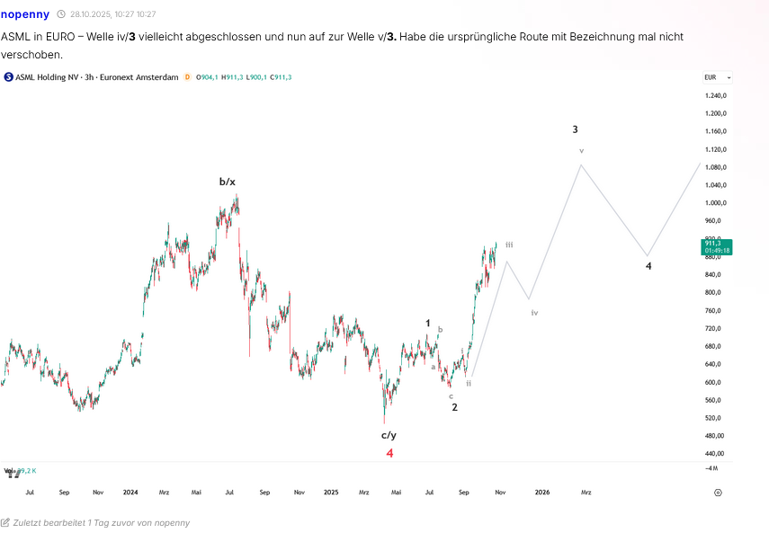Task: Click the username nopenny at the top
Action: point(25,13)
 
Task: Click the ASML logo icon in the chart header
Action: point(8,77)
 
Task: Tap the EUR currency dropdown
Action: point(717,77)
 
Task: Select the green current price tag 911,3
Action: point(716,245)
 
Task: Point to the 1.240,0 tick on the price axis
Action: point(716,95)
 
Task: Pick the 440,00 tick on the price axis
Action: point(716,454)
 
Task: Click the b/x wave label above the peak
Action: point(228,182)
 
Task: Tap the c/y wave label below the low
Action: point(389,435)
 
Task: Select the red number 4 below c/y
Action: point(389,453)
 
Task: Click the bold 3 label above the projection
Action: point(576,129)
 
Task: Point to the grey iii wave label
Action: point(509,244)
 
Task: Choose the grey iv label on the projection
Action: point(534,313)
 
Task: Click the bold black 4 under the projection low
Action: point(648,266)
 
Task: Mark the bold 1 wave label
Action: point(428,323)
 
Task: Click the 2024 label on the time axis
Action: point(130,493)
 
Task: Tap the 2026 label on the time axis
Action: point(542,493)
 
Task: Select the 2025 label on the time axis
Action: point(331,493)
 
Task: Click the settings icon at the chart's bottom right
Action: point(718,493)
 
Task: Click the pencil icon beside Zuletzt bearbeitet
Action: point(5,522)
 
